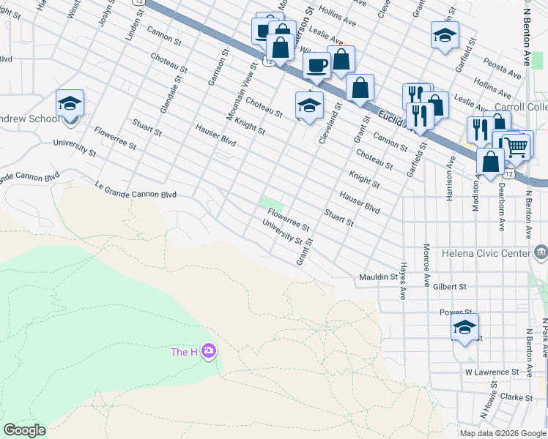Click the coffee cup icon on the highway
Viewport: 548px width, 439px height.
click(x=317, y=66)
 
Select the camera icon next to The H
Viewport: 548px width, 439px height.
click(x=209, y=352)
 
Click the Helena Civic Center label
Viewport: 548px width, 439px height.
click(x=485, y=253)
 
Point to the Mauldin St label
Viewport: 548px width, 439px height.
click(x=378, y=277)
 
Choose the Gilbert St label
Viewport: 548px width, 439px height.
click(x=450, y=287)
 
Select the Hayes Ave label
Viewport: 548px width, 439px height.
click(x=403, y=282)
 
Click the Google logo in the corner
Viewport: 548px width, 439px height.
click(x=24, y=430)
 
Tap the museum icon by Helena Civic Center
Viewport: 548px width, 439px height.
click(x=541, y=253)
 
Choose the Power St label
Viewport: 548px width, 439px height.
click(x=454, y=312)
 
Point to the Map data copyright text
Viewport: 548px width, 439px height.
click(x=503, y=433)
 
